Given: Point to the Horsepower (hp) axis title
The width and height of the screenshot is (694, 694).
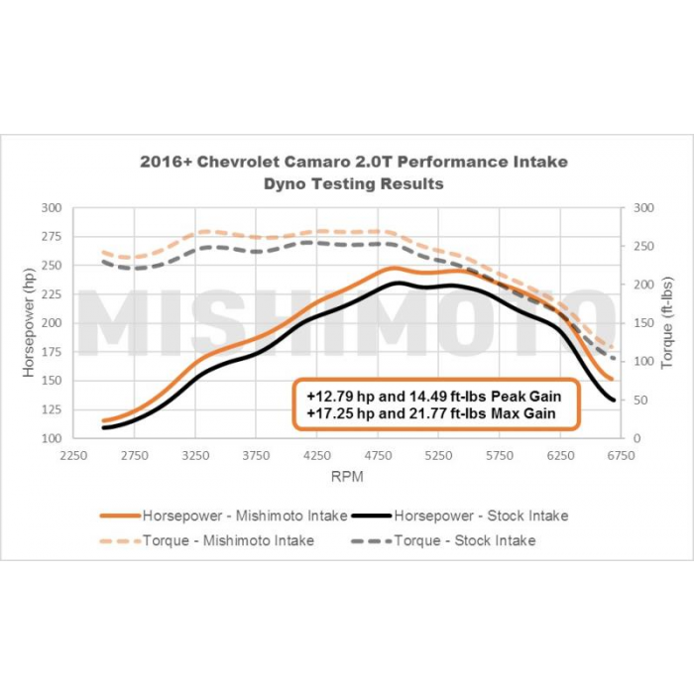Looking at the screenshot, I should pyautogui.click(x=29, y=322).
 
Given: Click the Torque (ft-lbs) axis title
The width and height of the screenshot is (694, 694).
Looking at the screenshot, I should pyautogui.click(x=666, y=322).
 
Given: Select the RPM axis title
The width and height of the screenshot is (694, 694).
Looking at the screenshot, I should pyautogui.click(x=347, y=477).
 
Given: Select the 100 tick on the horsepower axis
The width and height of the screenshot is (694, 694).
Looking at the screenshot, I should pyautogui.click(x=52, y=438).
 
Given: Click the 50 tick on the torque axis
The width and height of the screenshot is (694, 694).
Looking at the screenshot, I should pyautogui.click(x=641, y=400).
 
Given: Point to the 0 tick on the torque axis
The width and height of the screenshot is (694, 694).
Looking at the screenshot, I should pyautogui.click(x=637, y=438).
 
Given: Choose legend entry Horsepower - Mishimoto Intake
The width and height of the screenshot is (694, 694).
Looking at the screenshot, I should pyautogui.click(x=244, y=516).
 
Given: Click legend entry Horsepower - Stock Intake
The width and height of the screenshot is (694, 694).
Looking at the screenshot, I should pyautogui.click(x=481, y=516).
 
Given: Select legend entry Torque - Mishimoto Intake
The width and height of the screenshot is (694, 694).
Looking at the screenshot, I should pyautogui.click(x=228, y=540).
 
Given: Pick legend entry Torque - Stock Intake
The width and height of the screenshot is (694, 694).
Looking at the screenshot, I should pyautogui.click(x=465, y=540).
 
